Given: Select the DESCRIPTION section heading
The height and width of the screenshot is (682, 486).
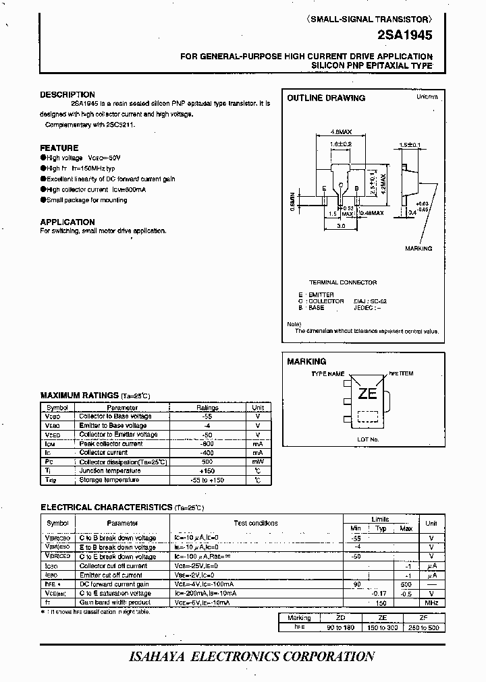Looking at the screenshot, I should pos(67,95).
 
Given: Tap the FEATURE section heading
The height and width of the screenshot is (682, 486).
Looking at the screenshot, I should pos(59,148).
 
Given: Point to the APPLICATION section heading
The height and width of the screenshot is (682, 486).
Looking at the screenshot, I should pos(67,222).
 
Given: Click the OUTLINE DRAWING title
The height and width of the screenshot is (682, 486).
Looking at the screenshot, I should pos(326,98).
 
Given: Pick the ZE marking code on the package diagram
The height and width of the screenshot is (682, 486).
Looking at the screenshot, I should pos(367,394).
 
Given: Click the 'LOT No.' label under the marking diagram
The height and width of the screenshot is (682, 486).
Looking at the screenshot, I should pos(368,439).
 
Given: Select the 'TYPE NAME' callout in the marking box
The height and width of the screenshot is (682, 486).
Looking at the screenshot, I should pos(327,373).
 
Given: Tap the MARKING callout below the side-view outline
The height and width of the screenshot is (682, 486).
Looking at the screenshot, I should pos(418,249).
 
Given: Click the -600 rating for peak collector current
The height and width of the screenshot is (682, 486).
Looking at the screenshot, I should pos(207,443).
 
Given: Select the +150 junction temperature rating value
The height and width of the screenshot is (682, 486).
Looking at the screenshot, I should pos(207,470).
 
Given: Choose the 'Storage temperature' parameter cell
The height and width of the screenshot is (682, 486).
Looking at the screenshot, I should pos(109,480).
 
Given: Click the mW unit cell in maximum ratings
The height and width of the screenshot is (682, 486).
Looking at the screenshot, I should pos(258,462).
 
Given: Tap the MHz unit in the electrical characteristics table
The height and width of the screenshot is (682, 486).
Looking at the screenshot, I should pos(431,603).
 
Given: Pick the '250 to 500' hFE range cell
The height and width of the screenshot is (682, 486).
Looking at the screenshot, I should pos(423,627).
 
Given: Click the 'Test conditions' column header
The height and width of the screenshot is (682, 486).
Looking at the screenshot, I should pos(255,523).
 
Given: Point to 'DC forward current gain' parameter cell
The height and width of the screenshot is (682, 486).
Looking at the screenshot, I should pos(114,584).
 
